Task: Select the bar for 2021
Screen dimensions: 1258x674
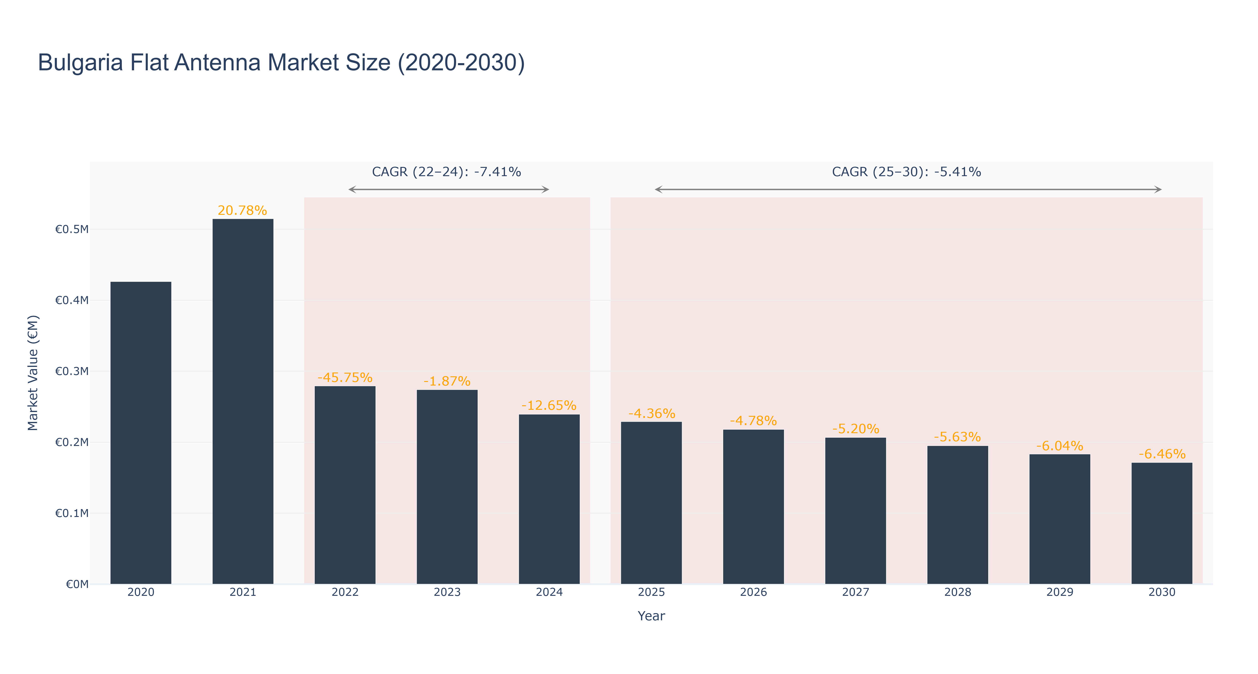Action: click(x=243, y=401)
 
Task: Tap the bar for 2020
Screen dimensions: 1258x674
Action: click(x=141, y=433)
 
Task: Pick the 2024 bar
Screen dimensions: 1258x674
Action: click(x=549, y=499)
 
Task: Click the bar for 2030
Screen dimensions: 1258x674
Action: click(x=1162, y=523)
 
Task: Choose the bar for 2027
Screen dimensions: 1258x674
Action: click(x=856, y=511)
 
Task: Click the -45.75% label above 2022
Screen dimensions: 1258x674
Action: click(x=345, y=377)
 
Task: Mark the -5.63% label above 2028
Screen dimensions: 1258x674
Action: click(x=958, y=437)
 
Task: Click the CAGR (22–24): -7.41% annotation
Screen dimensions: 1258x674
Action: click(x=446, y=172)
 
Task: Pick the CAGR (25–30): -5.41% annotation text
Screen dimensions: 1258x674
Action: click(x=906, y=172)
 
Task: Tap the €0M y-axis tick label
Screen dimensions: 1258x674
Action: click(x=77, y=584)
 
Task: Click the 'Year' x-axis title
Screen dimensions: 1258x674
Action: click(x=651, y=616)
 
